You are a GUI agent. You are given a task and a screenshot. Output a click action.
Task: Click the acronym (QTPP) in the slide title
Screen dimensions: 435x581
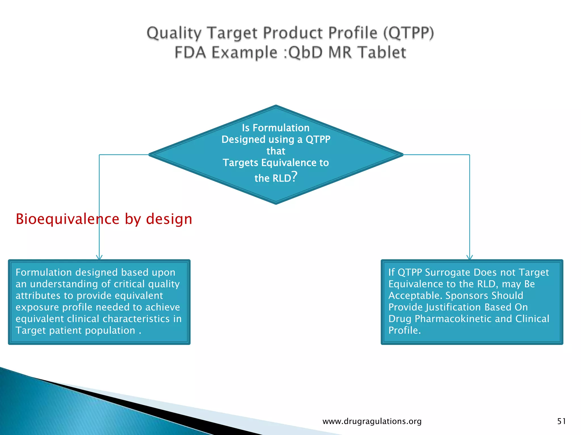[409, 33]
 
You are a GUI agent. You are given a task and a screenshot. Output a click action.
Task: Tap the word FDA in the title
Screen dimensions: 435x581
[190, 53]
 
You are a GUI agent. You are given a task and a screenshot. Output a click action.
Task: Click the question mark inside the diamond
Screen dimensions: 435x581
[294, 177]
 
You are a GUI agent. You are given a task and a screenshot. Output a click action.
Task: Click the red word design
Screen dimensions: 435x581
[169, 219]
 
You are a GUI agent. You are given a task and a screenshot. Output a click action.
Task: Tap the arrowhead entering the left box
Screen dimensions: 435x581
[99, 257]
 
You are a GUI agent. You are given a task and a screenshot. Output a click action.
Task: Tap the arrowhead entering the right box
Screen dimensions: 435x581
[470, 257]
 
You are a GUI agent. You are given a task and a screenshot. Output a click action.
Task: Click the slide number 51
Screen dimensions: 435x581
[561, 421]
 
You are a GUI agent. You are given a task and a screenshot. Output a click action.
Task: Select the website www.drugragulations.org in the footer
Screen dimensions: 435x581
[372, 421]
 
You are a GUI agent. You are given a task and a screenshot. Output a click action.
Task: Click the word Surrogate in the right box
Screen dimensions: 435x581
[448, 272]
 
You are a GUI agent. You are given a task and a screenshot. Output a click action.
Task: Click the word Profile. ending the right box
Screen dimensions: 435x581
[404, 330]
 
